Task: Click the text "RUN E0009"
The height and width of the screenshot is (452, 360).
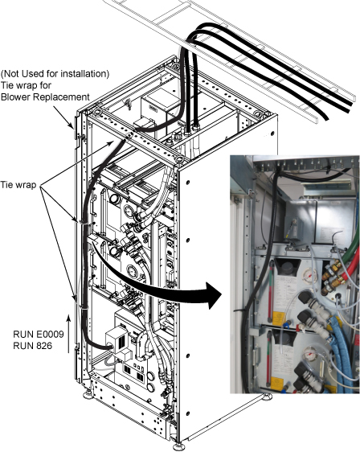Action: click(x=39, y=334)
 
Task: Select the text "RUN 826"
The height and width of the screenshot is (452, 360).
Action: click(x=32, y=345)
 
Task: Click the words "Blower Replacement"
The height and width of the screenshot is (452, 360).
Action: click(x=45, y=97)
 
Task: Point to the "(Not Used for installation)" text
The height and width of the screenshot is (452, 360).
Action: click(x=55, y=74)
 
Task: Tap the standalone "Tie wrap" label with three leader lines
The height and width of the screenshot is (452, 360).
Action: click(x=18, y=185)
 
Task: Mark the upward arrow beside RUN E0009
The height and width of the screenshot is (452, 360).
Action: click(x=68, y=334)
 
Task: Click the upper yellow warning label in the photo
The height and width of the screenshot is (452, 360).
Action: click(x=277, y=318)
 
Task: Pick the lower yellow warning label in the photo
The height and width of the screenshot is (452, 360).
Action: click(x=277, y=384)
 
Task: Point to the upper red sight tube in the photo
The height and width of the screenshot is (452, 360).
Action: click(x=271, y=291)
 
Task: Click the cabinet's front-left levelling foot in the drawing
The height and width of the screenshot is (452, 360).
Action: click(x=88, y=394)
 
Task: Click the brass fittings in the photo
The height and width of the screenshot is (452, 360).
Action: click(x=330, y=277)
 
